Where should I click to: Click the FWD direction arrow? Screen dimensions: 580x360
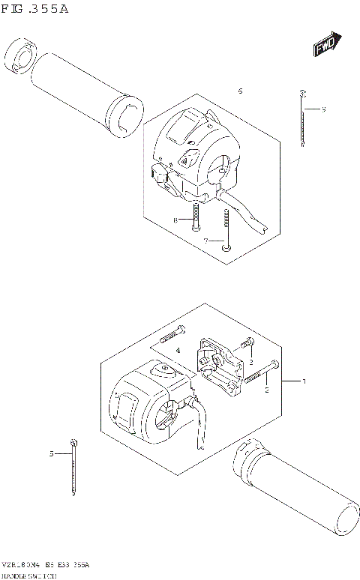pos(326,45)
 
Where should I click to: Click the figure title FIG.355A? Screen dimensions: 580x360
pos(35,10)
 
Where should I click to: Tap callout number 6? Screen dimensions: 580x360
pos(240,91)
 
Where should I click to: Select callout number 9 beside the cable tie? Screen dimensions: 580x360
pos(323,110)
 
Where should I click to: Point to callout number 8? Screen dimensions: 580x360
pos(175,220)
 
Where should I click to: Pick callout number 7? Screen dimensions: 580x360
pos(205,241)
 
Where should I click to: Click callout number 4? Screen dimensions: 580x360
pos(178,350)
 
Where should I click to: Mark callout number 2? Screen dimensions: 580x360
pos(266,390)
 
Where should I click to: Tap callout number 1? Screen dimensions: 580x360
pos(304,381)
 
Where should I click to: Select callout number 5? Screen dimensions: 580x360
pos(52,453)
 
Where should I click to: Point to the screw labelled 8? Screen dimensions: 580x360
pos(195,217)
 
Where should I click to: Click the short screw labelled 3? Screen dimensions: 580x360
pos(244,346)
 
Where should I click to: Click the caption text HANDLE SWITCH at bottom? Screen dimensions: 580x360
pos(34,576)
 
